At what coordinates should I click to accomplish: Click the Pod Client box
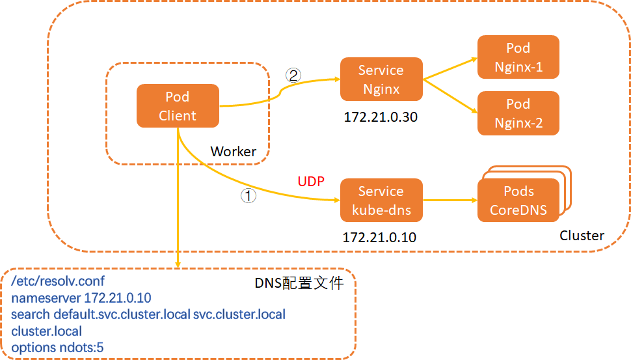[x=177, y=106]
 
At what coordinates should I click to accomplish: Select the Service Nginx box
[x=381, y=79]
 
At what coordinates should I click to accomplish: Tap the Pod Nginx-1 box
[x=518, y=57]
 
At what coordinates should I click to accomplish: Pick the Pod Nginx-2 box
[x=518, y=113]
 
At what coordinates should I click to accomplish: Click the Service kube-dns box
[x=381, y=201]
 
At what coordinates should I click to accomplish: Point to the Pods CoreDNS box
[x=518, y=201]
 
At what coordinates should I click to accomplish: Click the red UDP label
[x=311, y=180]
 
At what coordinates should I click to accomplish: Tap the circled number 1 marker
[x=248, y=195]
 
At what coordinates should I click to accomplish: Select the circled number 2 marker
[x=293, y=75]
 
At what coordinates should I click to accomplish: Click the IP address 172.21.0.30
[x=381, y=118]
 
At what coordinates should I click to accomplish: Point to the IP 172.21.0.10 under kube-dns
[x=380, y=238]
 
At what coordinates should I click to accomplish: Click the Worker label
[x=233, y=151]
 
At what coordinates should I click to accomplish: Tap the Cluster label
[x=582, y=236]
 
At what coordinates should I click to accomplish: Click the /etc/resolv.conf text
[x=58, y=281]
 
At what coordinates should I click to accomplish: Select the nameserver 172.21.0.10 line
[x=81, y=298]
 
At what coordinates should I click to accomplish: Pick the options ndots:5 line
[x=57, y=348]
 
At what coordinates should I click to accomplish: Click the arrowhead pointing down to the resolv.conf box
[x=177, y=263]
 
